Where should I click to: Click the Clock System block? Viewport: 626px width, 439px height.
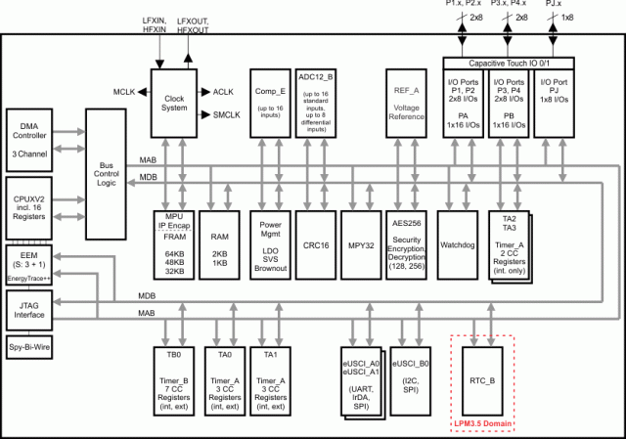[x=174, y=104]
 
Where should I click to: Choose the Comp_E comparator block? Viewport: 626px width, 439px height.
[x=270, y=102]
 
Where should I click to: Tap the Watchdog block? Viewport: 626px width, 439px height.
[x=457, y=243]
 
